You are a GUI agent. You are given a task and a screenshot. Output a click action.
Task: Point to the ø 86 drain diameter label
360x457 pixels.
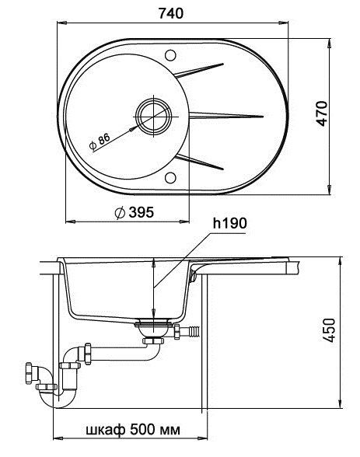[x=100, y=141]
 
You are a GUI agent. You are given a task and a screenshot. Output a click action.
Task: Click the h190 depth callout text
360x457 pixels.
[x=229, y=224]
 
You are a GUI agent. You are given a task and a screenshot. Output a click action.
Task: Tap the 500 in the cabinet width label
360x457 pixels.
[x=142, y=428]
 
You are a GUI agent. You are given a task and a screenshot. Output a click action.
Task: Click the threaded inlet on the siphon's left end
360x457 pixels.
[x=32, y=372]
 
